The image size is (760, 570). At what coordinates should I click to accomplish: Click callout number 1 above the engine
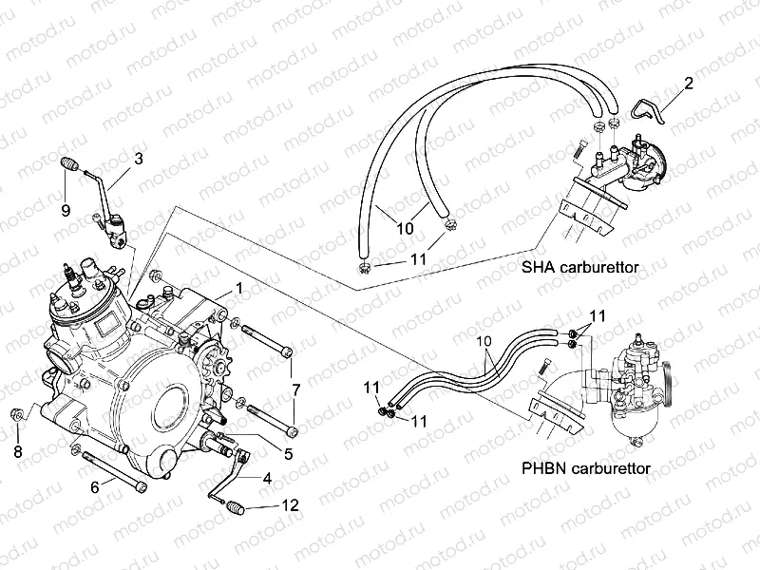click(x=240, y=287)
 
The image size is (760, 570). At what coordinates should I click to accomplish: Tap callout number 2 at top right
click(x=689, y=83)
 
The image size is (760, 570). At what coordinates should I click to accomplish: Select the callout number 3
click(x=139, y=159)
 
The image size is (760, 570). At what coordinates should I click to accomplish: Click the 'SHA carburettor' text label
click(x=579, y=268)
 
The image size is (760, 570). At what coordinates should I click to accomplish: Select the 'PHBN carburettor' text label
click(x=586, y=468)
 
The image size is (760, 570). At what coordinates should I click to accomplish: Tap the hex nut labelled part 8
click(x=18, y=415)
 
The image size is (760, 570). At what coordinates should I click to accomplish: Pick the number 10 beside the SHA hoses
click(x=406, y=229)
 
